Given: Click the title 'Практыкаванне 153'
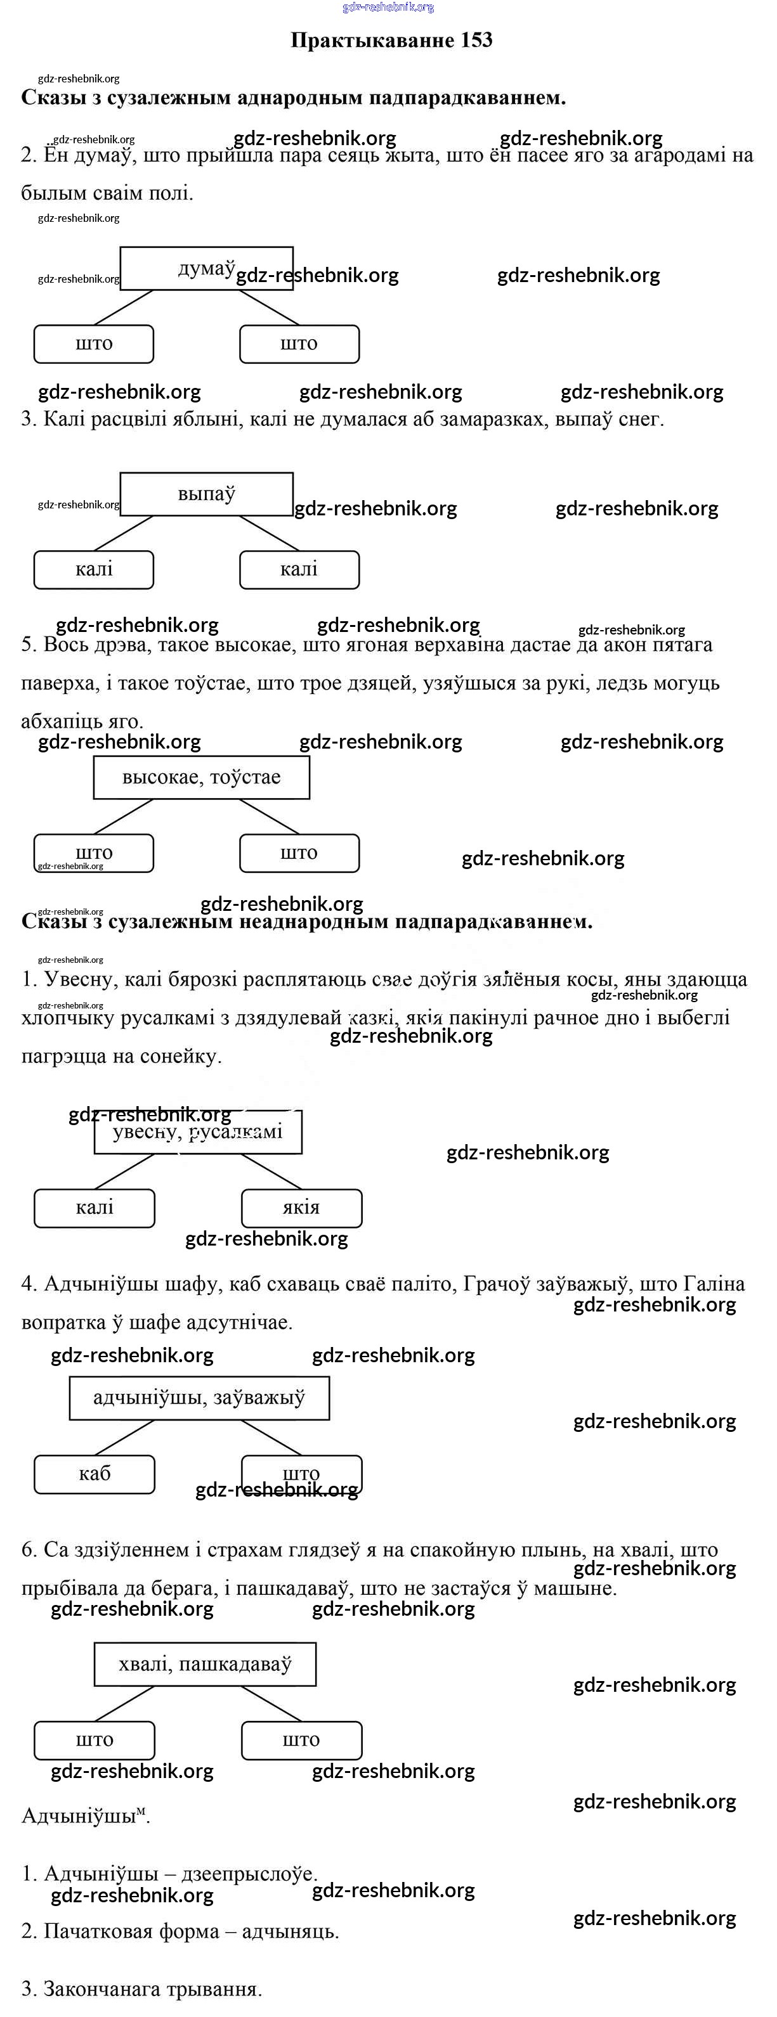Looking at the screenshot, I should coord(391,40).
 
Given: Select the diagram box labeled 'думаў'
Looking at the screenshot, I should coord(206,269).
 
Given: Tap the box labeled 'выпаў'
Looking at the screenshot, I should coord(206,494).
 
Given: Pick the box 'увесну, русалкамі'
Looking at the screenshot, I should coord(197,1131).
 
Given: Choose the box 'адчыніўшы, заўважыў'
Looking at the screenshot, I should coord(199,1398).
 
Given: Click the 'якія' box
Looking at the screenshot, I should coord(301,1208).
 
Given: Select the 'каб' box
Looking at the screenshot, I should coord(94,1474).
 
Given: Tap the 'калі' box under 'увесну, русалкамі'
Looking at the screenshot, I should coord(94,1208).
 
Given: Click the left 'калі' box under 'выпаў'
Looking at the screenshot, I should coord(94,569).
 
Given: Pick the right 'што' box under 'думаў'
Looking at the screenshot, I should coord(299,344).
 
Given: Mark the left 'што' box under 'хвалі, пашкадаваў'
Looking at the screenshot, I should coord(94,1740).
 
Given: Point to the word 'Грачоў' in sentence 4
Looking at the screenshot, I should coord(496,1284).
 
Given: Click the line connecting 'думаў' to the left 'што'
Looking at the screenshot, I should coord(123,307).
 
